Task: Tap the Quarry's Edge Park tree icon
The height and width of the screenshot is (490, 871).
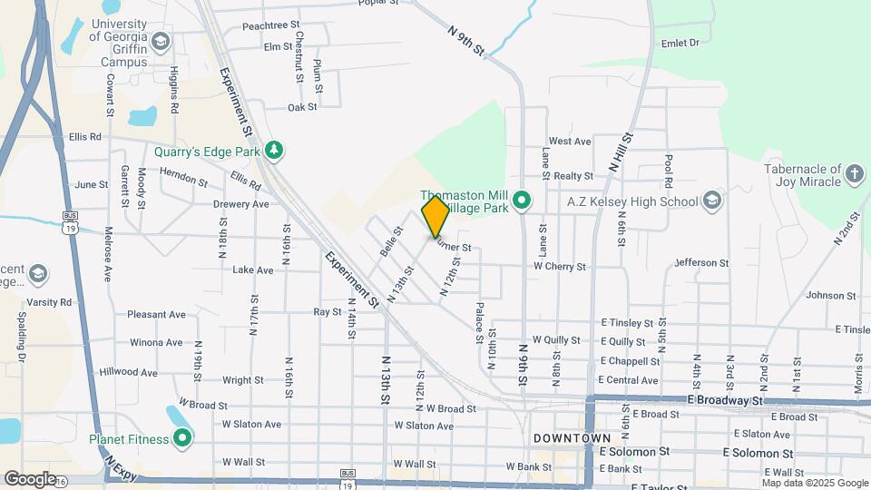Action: pos(271,151)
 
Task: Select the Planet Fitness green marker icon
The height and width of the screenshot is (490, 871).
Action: pos(182,439)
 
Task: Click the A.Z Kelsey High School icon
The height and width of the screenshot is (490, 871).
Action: pos(712,201)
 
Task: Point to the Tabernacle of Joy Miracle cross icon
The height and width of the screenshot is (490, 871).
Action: pos(854,173)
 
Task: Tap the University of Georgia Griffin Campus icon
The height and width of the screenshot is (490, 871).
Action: pos(161,42)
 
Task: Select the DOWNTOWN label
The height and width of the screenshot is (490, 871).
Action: pos(572,438)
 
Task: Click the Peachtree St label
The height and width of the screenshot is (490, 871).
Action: pos(270,27)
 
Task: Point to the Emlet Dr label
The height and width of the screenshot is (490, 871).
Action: pos(680,43)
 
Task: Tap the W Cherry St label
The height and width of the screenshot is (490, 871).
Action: pos(559,267)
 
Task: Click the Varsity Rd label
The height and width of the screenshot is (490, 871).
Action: pos(49,302)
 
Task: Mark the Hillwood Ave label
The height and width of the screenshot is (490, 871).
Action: pos(129,372)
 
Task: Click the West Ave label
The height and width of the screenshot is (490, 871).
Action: pos(570,142)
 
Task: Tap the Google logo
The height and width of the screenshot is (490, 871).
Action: pos(30,478)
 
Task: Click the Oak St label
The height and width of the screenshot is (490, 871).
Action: pos(301,107)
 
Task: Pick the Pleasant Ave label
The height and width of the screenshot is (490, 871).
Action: pos(156,315)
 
